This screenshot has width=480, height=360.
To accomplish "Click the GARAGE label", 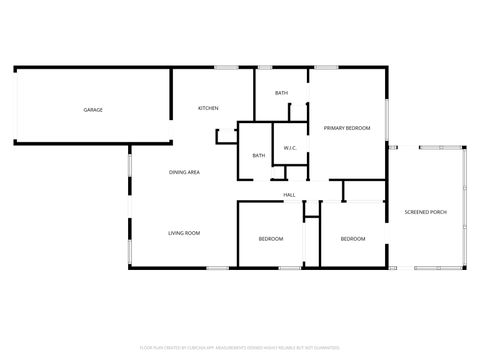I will tap(93, 110).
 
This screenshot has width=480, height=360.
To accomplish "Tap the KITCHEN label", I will tap(208, 108).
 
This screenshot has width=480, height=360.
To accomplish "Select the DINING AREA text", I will tap(184, 172).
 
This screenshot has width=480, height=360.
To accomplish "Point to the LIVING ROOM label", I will tap(184, 233).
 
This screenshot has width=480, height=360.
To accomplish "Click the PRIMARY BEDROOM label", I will tap(347, 128).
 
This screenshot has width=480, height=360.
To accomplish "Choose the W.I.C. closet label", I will tap(290, 149).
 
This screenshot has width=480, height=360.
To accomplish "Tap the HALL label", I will tap(289, 194).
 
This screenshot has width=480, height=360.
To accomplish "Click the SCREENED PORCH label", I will tap(425, 213).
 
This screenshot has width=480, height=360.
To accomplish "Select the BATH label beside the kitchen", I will tap(282, 93).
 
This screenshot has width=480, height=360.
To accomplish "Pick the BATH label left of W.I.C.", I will tap(258, 155).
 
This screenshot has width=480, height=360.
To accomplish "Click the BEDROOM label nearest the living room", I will tap(271, 239).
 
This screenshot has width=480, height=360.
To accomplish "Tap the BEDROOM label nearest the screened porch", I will tap(352, 239).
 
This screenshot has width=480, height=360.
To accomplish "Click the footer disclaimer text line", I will tap(239, 348).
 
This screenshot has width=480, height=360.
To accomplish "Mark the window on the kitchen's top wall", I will tap(226, 67).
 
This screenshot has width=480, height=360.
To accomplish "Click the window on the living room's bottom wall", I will tap(217, 268).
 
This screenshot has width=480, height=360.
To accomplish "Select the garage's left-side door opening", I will tap(15, 110).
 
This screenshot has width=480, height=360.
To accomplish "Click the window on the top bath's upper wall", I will tap(264, 67).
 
